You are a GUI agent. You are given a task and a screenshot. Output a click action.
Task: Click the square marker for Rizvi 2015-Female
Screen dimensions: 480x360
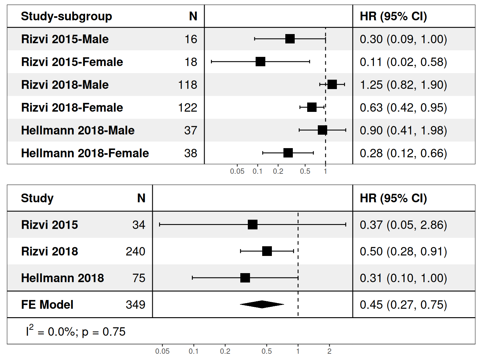pyautogui.click(x=260, y=62)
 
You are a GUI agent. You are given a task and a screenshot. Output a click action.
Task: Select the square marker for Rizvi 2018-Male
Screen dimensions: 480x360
pyautogui.click(x=332, y=84)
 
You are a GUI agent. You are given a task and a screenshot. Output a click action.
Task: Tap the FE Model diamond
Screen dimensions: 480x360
pyautogui.click(x=262, y=304)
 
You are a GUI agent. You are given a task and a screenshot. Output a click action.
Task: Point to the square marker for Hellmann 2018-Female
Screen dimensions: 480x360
pyautogui.click(x=288, y=153)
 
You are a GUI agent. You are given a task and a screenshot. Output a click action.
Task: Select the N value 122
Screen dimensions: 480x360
pyautogui.click(x=187, y=107)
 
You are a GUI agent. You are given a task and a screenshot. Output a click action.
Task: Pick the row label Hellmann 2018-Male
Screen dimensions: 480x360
pyautogui.click(x=77, y=130)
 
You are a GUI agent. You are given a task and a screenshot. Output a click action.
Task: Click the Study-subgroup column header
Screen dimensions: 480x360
pyautogui.click(x=66, y=17)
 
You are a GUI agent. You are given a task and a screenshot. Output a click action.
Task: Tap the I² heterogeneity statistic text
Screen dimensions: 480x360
pyautogui.click(x=75, y=331)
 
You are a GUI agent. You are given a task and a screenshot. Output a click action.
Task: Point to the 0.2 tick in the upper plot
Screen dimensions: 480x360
pyautogui.click(x=278, y=171)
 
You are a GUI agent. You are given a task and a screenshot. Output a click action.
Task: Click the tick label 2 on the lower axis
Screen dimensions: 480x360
pyautogui.click(x=329, y=351)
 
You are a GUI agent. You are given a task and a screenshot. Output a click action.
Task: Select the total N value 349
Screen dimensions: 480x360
pyautogui.click(x=135, y=304)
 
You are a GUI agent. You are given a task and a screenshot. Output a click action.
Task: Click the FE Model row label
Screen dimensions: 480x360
pyautogui.click(x=47, y=304)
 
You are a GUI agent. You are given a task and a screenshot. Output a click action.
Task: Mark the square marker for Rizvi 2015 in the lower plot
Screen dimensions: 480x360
pyautogui.click(x=252, y=224)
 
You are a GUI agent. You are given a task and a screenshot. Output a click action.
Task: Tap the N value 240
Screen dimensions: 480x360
pyautogui.click(x=135, y=251)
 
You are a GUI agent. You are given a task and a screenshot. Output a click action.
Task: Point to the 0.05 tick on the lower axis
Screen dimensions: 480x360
pyautogui.click(x=162, y=351)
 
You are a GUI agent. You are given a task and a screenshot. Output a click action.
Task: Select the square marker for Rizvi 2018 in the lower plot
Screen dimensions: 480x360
pyautogui.click(x=267, y=251)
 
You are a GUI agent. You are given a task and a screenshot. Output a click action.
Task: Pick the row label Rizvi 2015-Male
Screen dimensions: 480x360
pyautogui.click(x=65, y=39)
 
